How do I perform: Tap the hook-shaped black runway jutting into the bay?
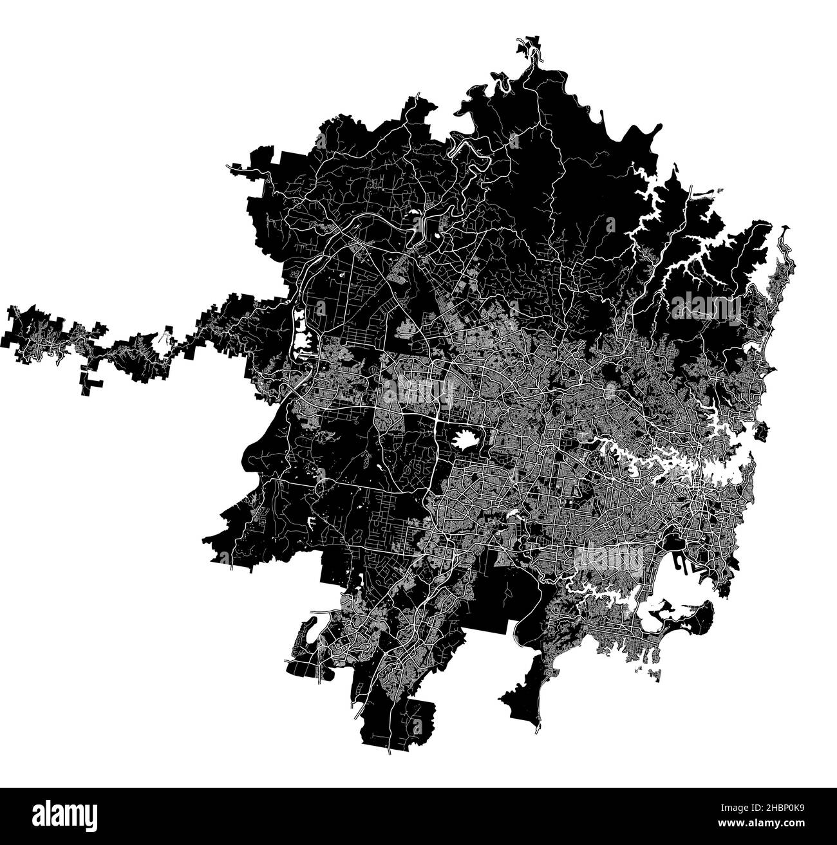[682, 566]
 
